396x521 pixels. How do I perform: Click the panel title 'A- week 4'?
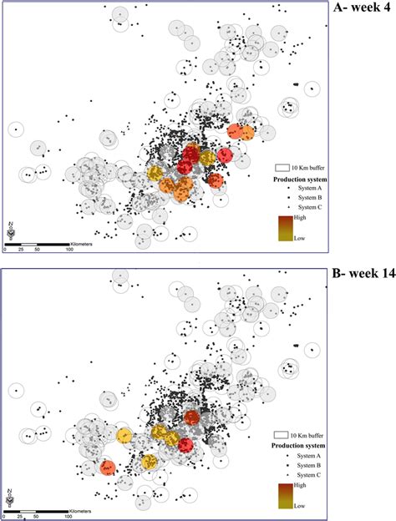pos(362,8)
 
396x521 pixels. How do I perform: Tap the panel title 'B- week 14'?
pos(364,273)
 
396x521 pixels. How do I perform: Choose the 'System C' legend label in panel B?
pos(309,475)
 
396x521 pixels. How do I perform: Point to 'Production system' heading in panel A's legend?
pos(300,180)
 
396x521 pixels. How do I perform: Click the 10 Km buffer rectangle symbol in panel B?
pos(281,435)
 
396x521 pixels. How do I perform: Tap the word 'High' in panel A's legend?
pos(300,218)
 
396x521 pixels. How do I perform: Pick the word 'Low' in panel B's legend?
pos(299,506)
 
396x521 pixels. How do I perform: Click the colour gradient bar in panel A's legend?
pos(286,228)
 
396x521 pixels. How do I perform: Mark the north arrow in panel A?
pos(11,230)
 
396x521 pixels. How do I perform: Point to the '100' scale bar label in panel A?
pos(69,249)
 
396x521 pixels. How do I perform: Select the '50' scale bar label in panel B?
pos(36,517)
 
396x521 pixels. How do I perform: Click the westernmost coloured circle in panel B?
pos(107,468)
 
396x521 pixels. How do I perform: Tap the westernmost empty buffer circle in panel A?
pos(16,129)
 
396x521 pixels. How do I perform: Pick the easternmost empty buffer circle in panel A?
pos(312,89)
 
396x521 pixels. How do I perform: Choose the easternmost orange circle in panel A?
pos(246,133)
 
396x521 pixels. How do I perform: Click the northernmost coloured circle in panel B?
pos(191,417)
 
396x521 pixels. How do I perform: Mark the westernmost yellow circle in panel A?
pos(155,173)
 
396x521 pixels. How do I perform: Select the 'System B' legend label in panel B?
pos(309,465)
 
